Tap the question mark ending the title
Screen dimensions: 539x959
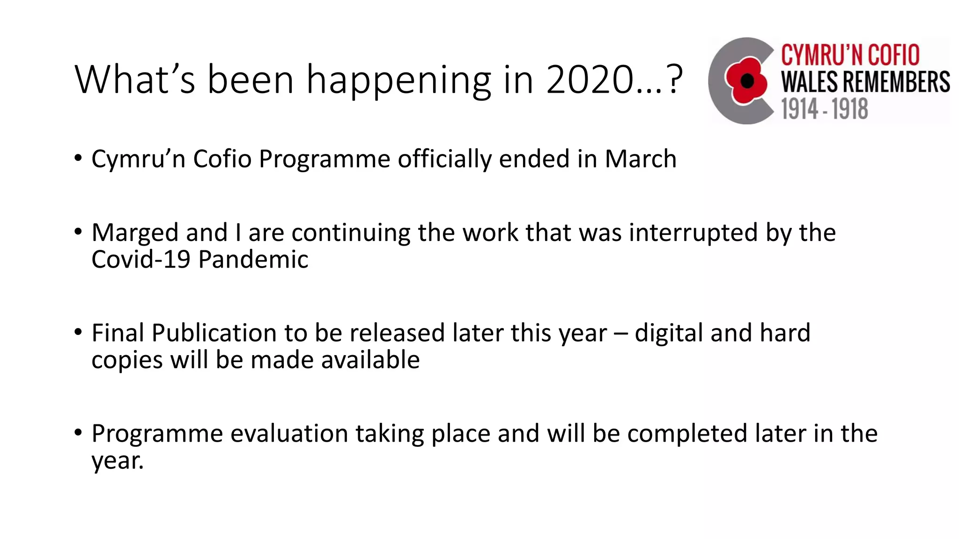pyautogui.click(x=674, y=80)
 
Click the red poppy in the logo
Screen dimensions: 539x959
pyautogui.click(x=746, y=80)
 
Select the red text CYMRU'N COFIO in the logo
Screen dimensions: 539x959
pyautogui.click(x=850, y=55)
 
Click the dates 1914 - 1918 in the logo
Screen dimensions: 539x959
pyautogui.click(x=824, y=109)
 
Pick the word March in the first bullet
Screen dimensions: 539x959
pyautogui.click(x=641, y=159)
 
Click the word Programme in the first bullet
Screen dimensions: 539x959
pyautogui.click(x=325, y=160)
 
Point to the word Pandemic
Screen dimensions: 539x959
pyautogui.click(x=253, y=260)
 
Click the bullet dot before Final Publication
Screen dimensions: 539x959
pyautogui.click(x=78, y=333)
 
